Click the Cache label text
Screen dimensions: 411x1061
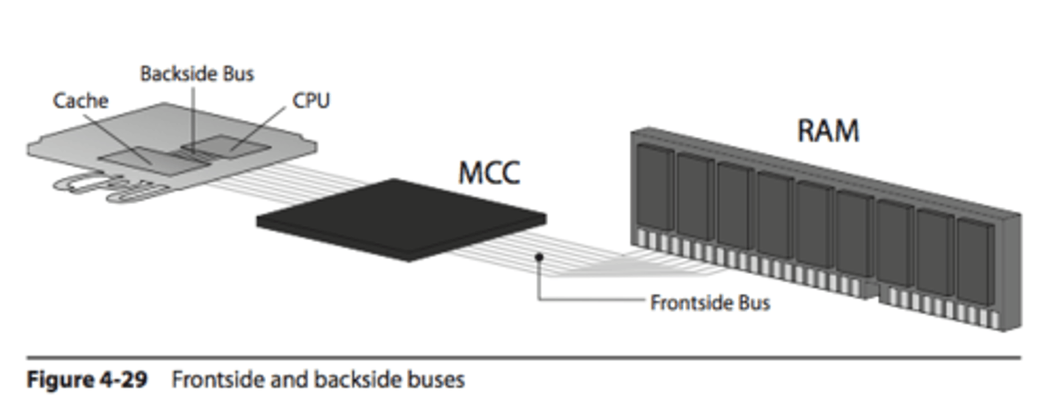(x=80, y=100)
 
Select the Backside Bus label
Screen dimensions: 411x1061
(x=197, y=74)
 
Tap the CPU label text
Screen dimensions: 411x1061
(x=311, y=100)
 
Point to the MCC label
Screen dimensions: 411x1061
(x=489, y=172)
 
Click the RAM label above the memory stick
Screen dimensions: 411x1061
(x=828, y=130)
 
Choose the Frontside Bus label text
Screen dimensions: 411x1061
(x=710, y=303)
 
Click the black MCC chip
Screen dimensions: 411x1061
(x=402, y=219)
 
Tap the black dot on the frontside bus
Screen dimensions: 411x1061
(x=539, y=257)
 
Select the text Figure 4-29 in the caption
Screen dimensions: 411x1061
(x=87, y=380)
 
